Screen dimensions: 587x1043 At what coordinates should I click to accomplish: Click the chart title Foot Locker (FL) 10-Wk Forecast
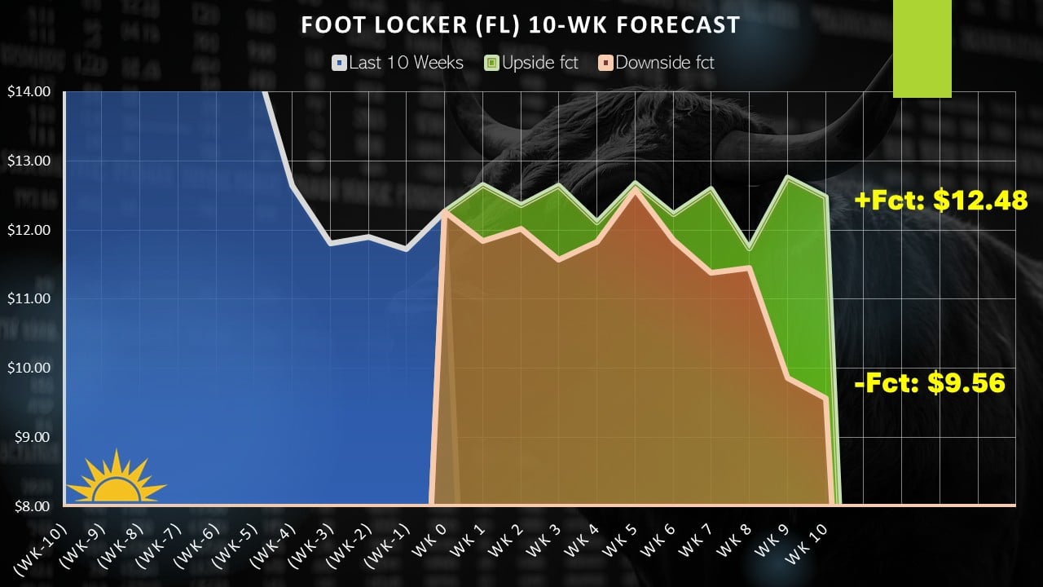click(x=521, y=25)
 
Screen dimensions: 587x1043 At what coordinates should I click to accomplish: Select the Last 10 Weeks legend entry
click(x=398, y=63)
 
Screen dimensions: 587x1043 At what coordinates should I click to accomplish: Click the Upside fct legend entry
click(x=532, y=63)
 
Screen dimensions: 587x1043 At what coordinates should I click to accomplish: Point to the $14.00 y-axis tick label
click(x=28, y=91)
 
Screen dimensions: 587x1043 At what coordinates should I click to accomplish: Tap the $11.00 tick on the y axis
click(x=28, y=298)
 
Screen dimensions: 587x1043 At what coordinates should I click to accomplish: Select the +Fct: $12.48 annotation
click(x=940, y=201)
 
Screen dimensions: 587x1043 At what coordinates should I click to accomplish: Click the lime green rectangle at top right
click(x=922, y=49)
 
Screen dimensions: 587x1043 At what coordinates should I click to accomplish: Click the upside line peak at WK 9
click(x=787, y=177)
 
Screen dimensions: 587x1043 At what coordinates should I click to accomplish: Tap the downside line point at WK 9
click(x=787, y=377)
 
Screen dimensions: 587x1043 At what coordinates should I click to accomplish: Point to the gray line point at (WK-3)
click(x=330, y=243)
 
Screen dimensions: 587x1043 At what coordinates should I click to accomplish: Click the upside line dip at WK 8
click(x=749, y=248)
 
